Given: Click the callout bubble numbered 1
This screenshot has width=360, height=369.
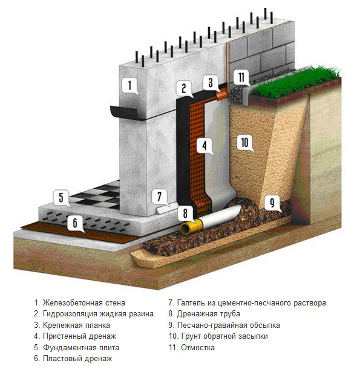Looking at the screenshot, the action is [x=129, y=86].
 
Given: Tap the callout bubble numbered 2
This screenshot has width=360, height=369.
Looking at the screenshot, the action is [x=184, y=88].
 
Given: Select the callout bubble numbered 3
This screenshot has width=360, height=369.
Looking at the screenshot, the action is [x=211, y=82].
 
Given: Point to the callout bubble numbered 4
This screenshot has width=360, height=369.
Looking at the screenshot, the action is [x=205, y=145].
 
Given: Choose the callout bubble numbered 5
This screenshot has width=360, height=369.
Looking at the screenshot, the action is [x=61, y=198].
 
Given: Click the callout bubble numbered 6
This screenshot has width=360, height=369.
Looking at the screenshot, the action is [x=75, y=223].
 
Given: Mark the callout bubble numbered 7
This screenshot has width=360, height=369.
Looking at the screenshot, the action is [x=159, y=197].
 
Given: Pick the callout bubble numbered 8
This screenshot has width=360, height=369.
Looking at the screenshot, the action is [x=185, y=214].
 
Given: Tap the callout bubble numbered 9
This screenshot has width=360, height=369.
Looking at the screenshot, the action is [x=272, y=203].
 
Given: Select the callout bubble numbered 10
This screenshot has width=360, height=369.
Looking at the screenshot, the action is [x=245, y=143].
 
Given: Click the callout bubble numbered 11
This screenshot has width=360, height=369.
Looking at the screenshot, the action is [x=241, y=77].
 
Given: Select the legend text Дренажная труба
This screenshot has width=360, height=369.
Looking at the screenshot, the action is [x=208, y=314].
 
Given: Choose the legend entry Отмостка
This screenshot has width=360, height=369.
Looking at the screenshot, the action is [x=198, y=347].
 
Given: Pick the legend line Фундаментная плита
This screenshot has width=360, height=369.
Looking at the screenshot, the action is [x=81, y=347].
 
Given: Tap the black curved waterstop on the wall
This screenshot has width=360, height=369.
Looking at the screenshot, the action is [x=127, y=113].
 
